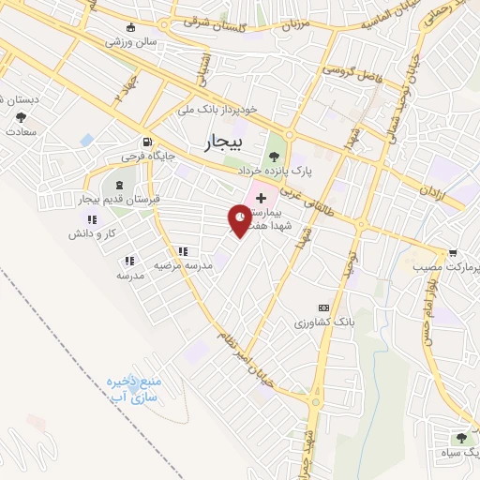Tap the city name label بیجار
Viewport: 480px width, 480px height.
pos(222,142)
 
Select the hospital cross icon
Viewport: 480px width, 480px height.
pos(261,200)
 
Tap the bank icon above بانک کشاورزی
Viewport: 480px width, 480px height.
pos(324,307)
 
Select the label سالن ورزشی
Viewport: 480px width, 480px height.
pos(131,42)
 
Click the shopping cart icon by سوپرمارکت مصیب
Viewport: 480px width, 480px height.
pos(453,253)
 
